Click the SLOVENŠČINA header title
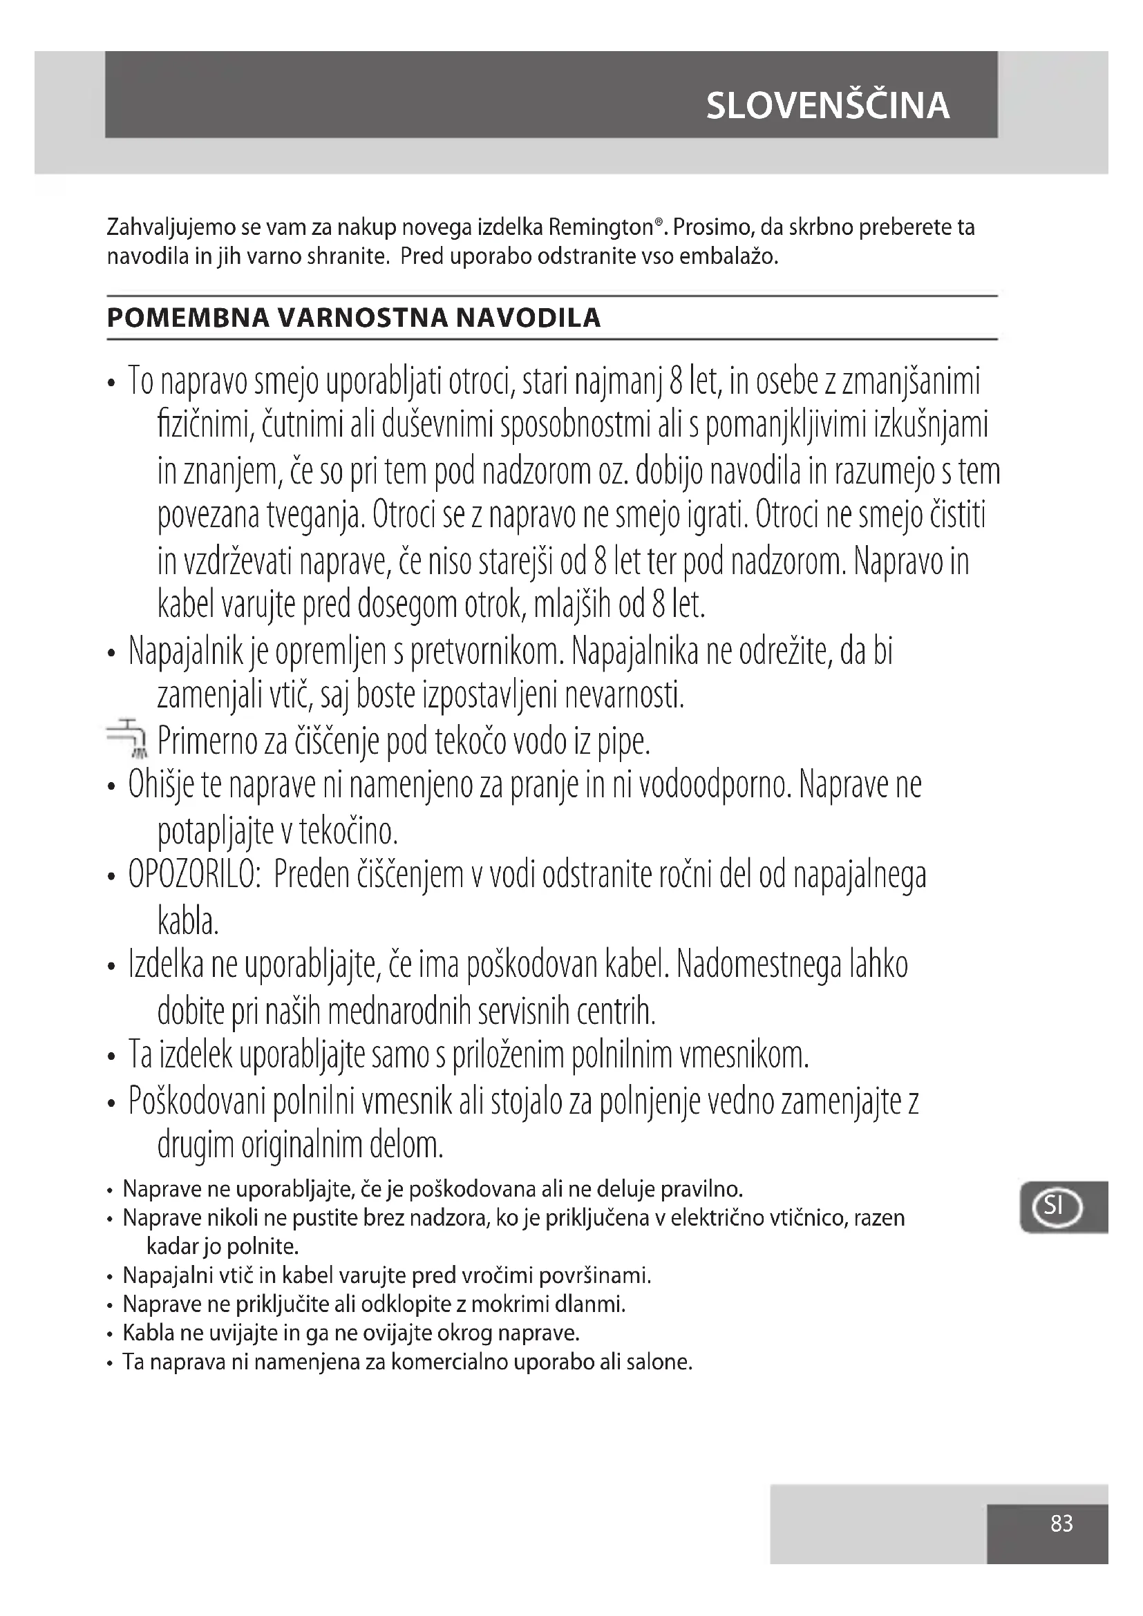[x=828, y=106]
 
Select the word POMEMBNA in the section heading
[x=188, y=318]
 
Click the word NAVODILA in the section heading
[x=528, y=318]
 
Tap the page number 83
[x=1061, y=1524]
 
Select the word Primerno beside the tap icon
[x=202, y=741]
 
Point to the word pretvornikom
[x=487, y=652]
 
